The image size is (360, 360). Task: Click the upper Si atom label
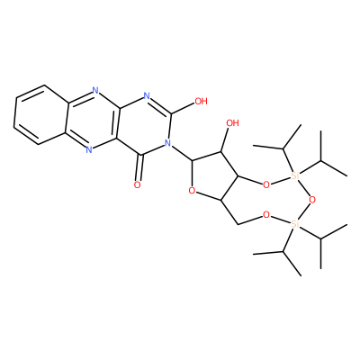(x=295, y=176)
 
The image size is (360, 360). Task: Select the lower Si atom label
(x=295, y=223)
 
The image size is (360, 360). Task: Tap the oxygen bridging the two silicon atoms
(x=312, y=200)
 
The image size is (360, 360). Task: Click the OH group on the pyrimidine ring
(x=201, y=102)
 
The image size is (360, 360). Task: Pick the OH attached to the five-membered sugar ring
(x=232, y=123)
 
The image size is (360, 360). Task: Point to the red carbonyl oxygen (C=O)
(x=137, y=184)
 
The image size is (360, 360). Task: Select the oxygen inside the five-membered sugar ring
(x=192, y=190)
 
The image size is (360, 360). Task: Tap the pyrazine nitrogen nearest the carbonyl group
(x=89, y=149)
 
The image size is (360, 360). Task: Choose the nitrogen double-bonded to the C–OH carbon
(x=146, y=96)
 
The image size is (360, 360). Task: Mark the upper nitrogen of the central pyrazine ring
(x=95, y=90)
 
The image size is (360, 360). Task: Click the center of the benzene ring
(x=41, y=114)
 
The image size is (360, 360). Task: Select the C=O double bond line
(x=139, y=167)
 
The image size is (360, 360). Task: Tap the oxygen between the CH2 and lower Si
(x=265, y=215)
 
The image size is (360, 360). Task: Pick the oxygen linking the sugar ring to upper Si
(x=265, y=184)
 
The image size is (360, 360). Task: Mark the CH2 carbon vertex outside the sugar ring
(x=238, y=224)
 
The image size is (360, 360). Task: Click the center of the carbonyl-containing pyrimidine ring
(x=143, y=125)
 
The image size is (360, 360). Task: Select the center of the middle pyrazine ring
(x=92, y=120)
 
